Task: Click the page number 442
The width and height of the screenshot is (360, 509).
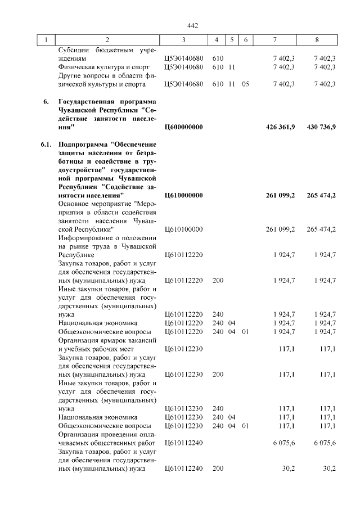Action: [193, 26]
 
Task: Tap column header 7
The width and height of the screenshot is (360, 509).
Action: [274, 40]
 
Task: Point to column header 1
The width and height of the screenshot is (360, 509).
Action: [46, 40]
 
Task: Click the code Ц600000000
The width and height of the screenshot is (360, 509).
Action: [183, 128]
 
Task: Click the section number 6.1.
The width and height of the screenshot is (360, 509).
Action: [47, 145]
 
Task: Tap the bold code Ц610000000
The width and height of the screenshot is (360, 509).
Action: [183, 195]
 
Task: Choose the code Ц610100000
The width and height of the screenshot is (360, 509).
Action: [183, 229]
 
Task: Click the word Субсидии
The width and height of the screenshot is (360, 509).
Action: [74, 49]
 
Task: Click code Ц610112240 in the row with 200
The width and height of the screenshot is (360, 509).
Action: [183, 468]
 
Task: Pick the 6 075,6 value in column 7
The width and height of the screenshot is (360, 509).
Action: [285, 443]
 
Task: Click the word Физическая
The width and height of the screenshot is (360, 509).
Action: [78, 67]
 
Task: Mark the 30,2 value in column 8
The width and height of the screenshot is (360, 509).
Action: [330, 468]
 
